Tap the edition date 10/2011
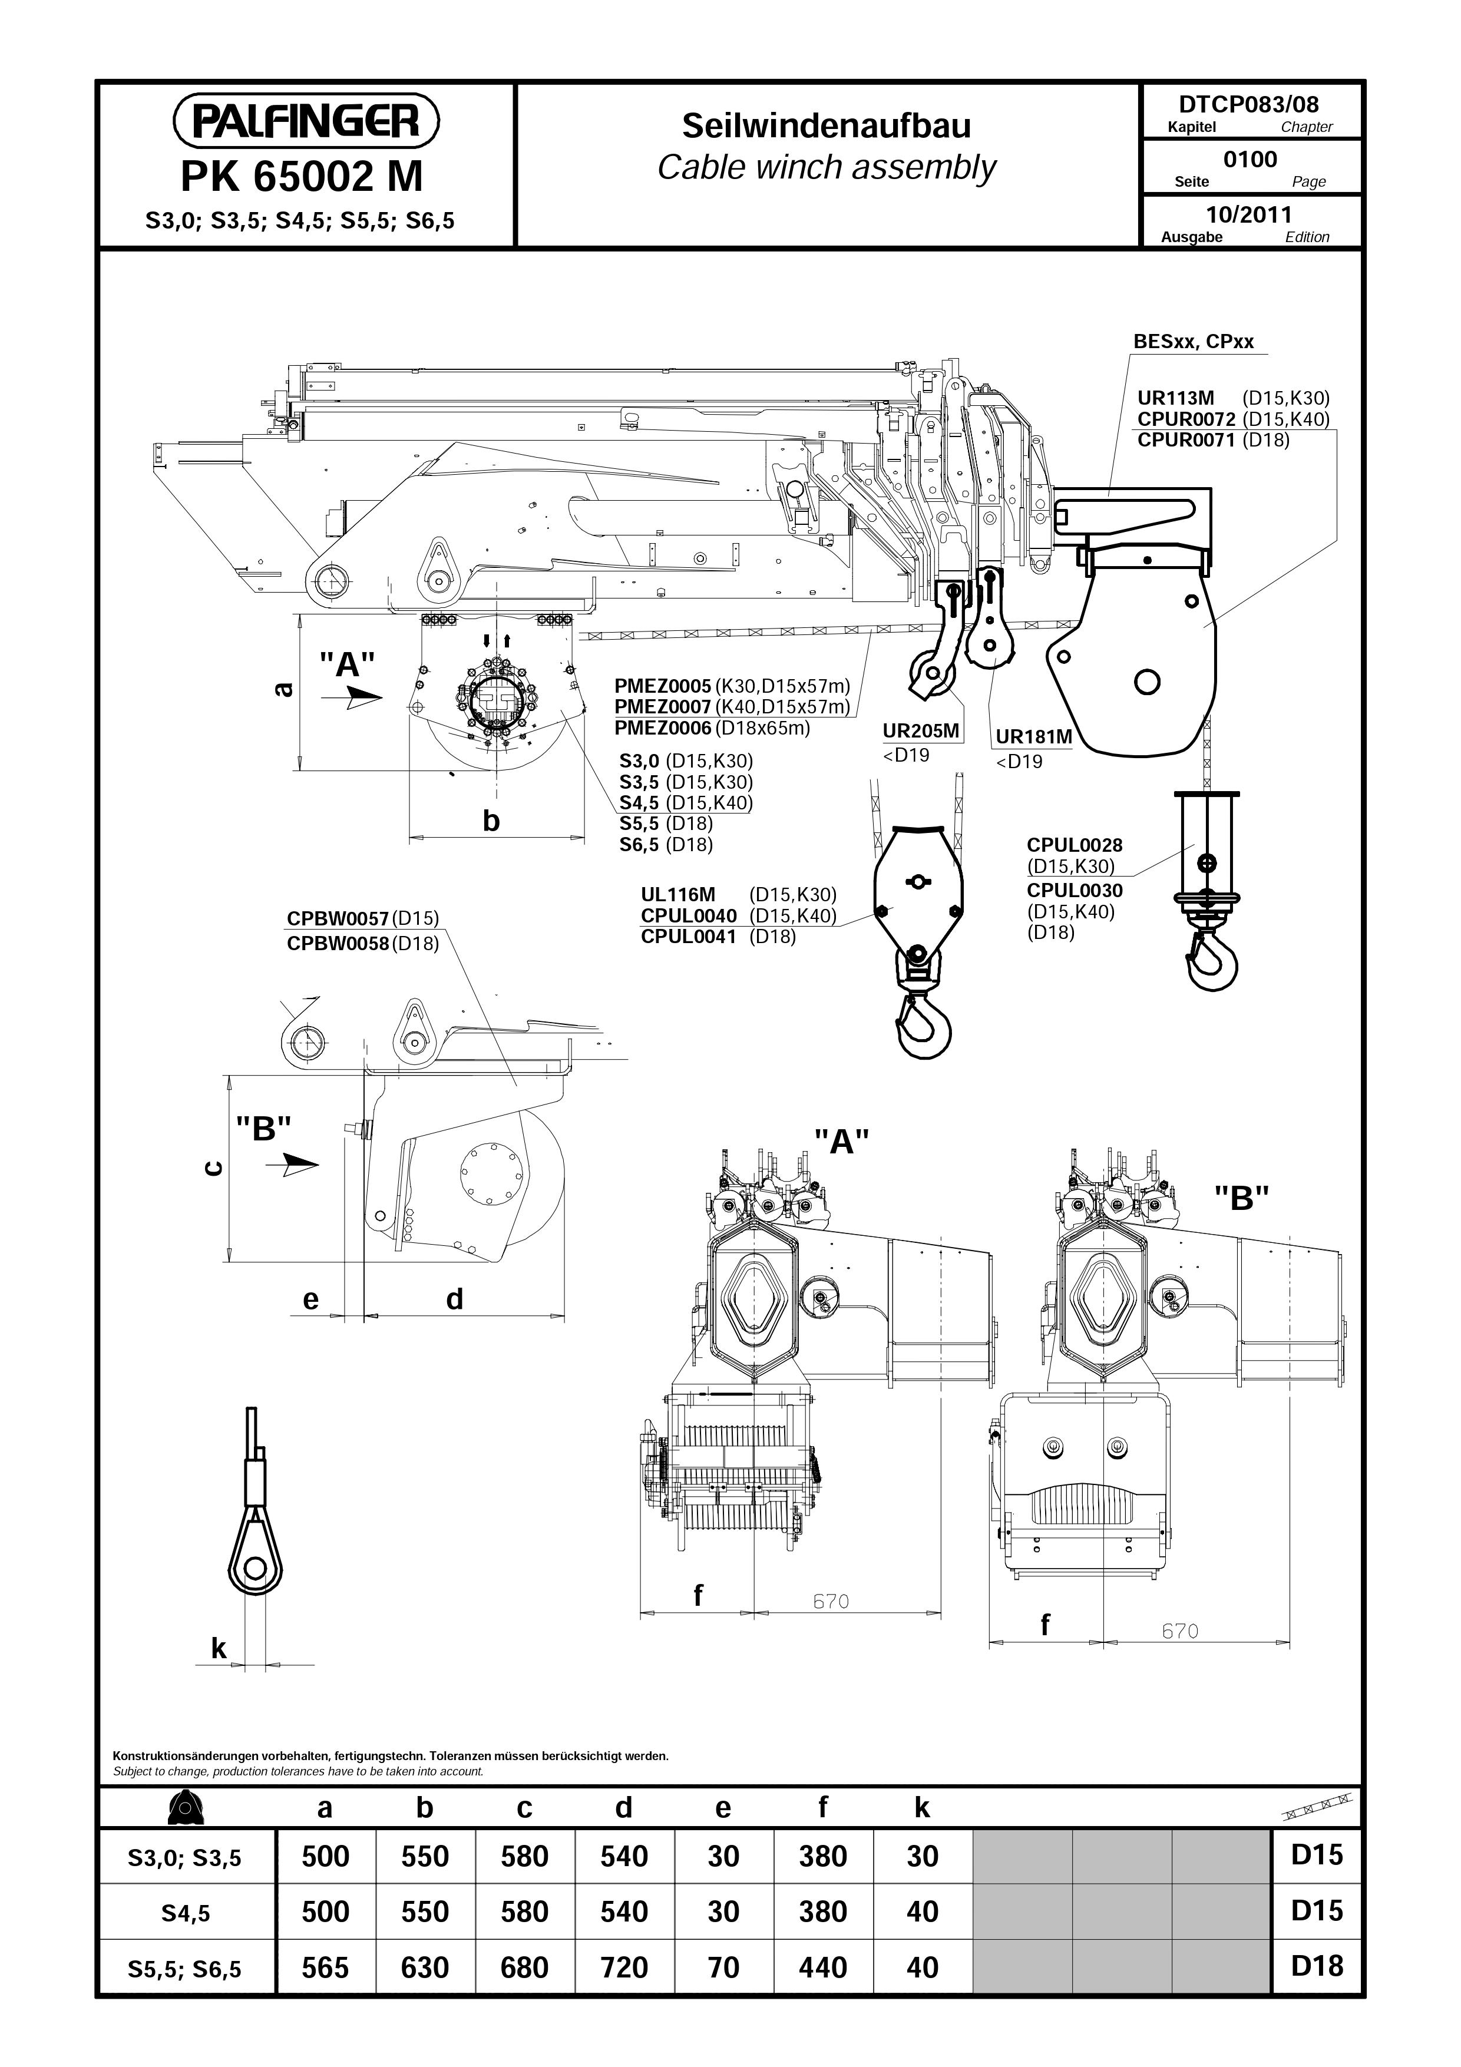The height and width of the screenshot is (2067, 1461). point(1248,214)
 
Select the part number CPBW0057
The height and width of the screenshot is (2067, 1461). point(338,918)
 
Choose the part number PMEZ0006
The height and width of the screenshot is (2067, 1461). point(663,727)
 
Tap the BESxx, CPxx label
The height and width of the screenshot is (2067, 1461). point(1193,342)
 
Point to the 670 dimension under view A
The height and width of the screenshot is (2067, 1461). point(831,1602)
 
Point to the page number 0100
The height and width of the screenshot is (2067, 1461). point(1250,160)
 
